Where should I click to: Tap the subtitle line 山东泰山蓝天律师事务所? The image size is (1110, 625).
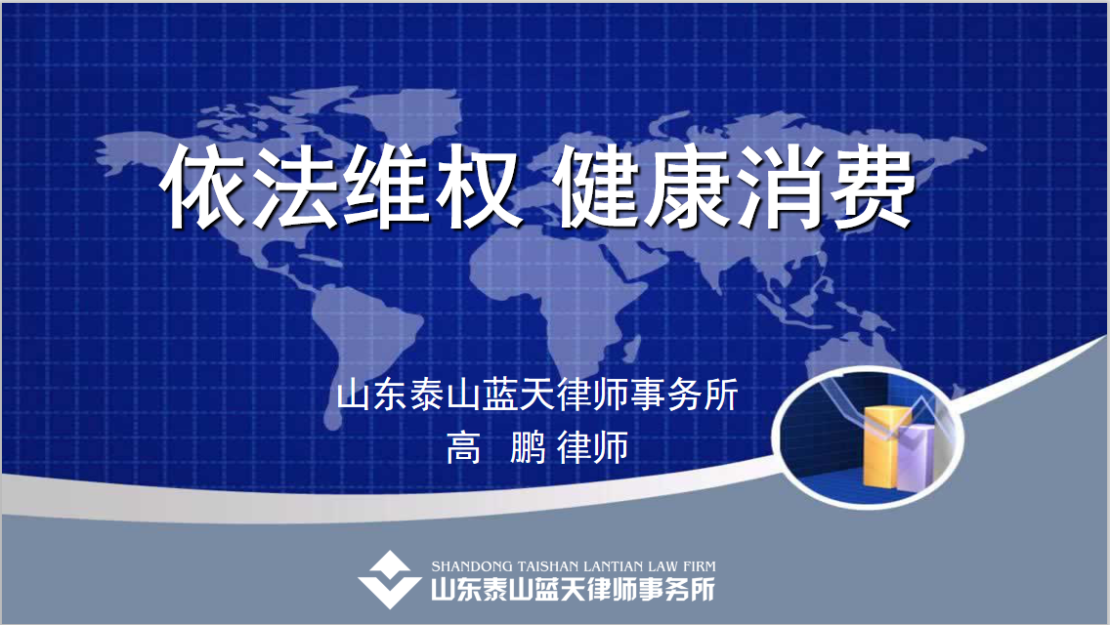[537, 395]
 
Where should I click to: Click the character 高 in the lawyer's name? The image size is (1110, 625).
[464, 447]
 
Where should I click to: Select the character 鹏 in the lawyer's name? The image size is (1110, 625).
[528, 447]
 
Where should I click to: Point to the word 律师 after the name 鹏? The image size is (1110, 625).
[593, 447]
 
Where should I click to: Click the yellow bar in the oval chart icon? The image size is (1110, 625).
[886, 446]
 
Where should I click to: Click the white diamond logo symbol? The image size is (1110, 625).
[390, 580]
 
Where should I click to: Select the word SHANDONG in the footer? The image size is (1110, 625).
[472, 566]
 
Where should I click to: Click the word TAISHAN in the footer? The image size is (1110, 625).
[549, 566]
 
